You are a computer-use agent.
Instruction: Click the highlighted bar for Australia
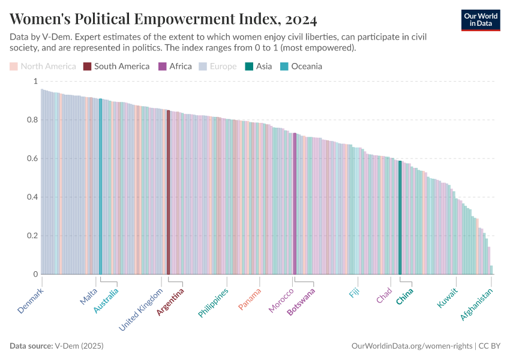(x=100, y=186)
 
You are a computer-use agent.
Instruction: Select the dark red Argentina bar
(x=168, y=192)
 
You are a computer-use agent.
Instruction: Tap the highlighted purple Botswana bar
(x=295, y=204)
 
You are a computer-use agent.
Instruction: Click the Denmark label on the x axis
(x=31, y=301)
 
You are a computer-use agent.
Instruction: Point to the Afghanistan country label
(x=477, y=304)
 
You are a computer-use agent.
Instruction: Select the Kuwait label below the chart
(x=448, y=298)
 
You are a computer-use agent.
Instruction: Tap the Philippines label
(x=214, y=303)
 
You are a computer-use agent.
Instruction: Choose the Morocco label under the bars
(x=281, y=301)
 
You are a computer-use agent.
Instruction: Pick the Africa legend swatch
(x=162, y=66)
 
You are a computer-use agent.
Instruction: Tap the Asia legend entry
(x=259, y=66)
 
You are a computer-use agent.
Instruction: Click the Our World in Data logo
(x=481, y=19)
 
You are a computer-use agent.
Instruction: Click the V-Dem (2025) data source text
(x=79, y=346)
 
